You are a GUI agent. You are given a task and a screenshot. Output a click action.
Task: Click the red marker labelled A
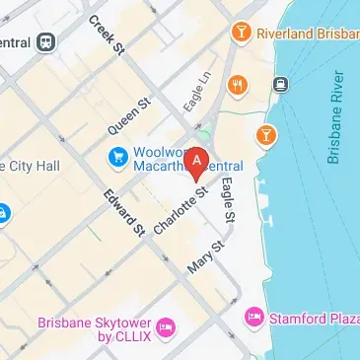pyautogui.click(x=197, y=162)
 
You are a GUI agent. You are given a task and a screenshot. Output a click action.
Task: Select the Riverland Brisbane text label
pyautogui.click(x=307, y=34)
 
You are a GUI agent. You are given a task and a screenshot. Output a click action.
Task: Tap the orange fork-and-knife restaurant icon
pyautogui.click(x=237, y=85)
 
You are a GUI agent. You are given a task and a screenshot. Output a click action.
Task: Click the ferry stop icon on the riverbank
pyautogui.click(x=281, y=85)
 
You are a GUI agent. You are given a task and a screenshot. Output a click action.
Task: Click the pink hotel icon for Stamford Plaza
pyautogui.click(x=253, y=317)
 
